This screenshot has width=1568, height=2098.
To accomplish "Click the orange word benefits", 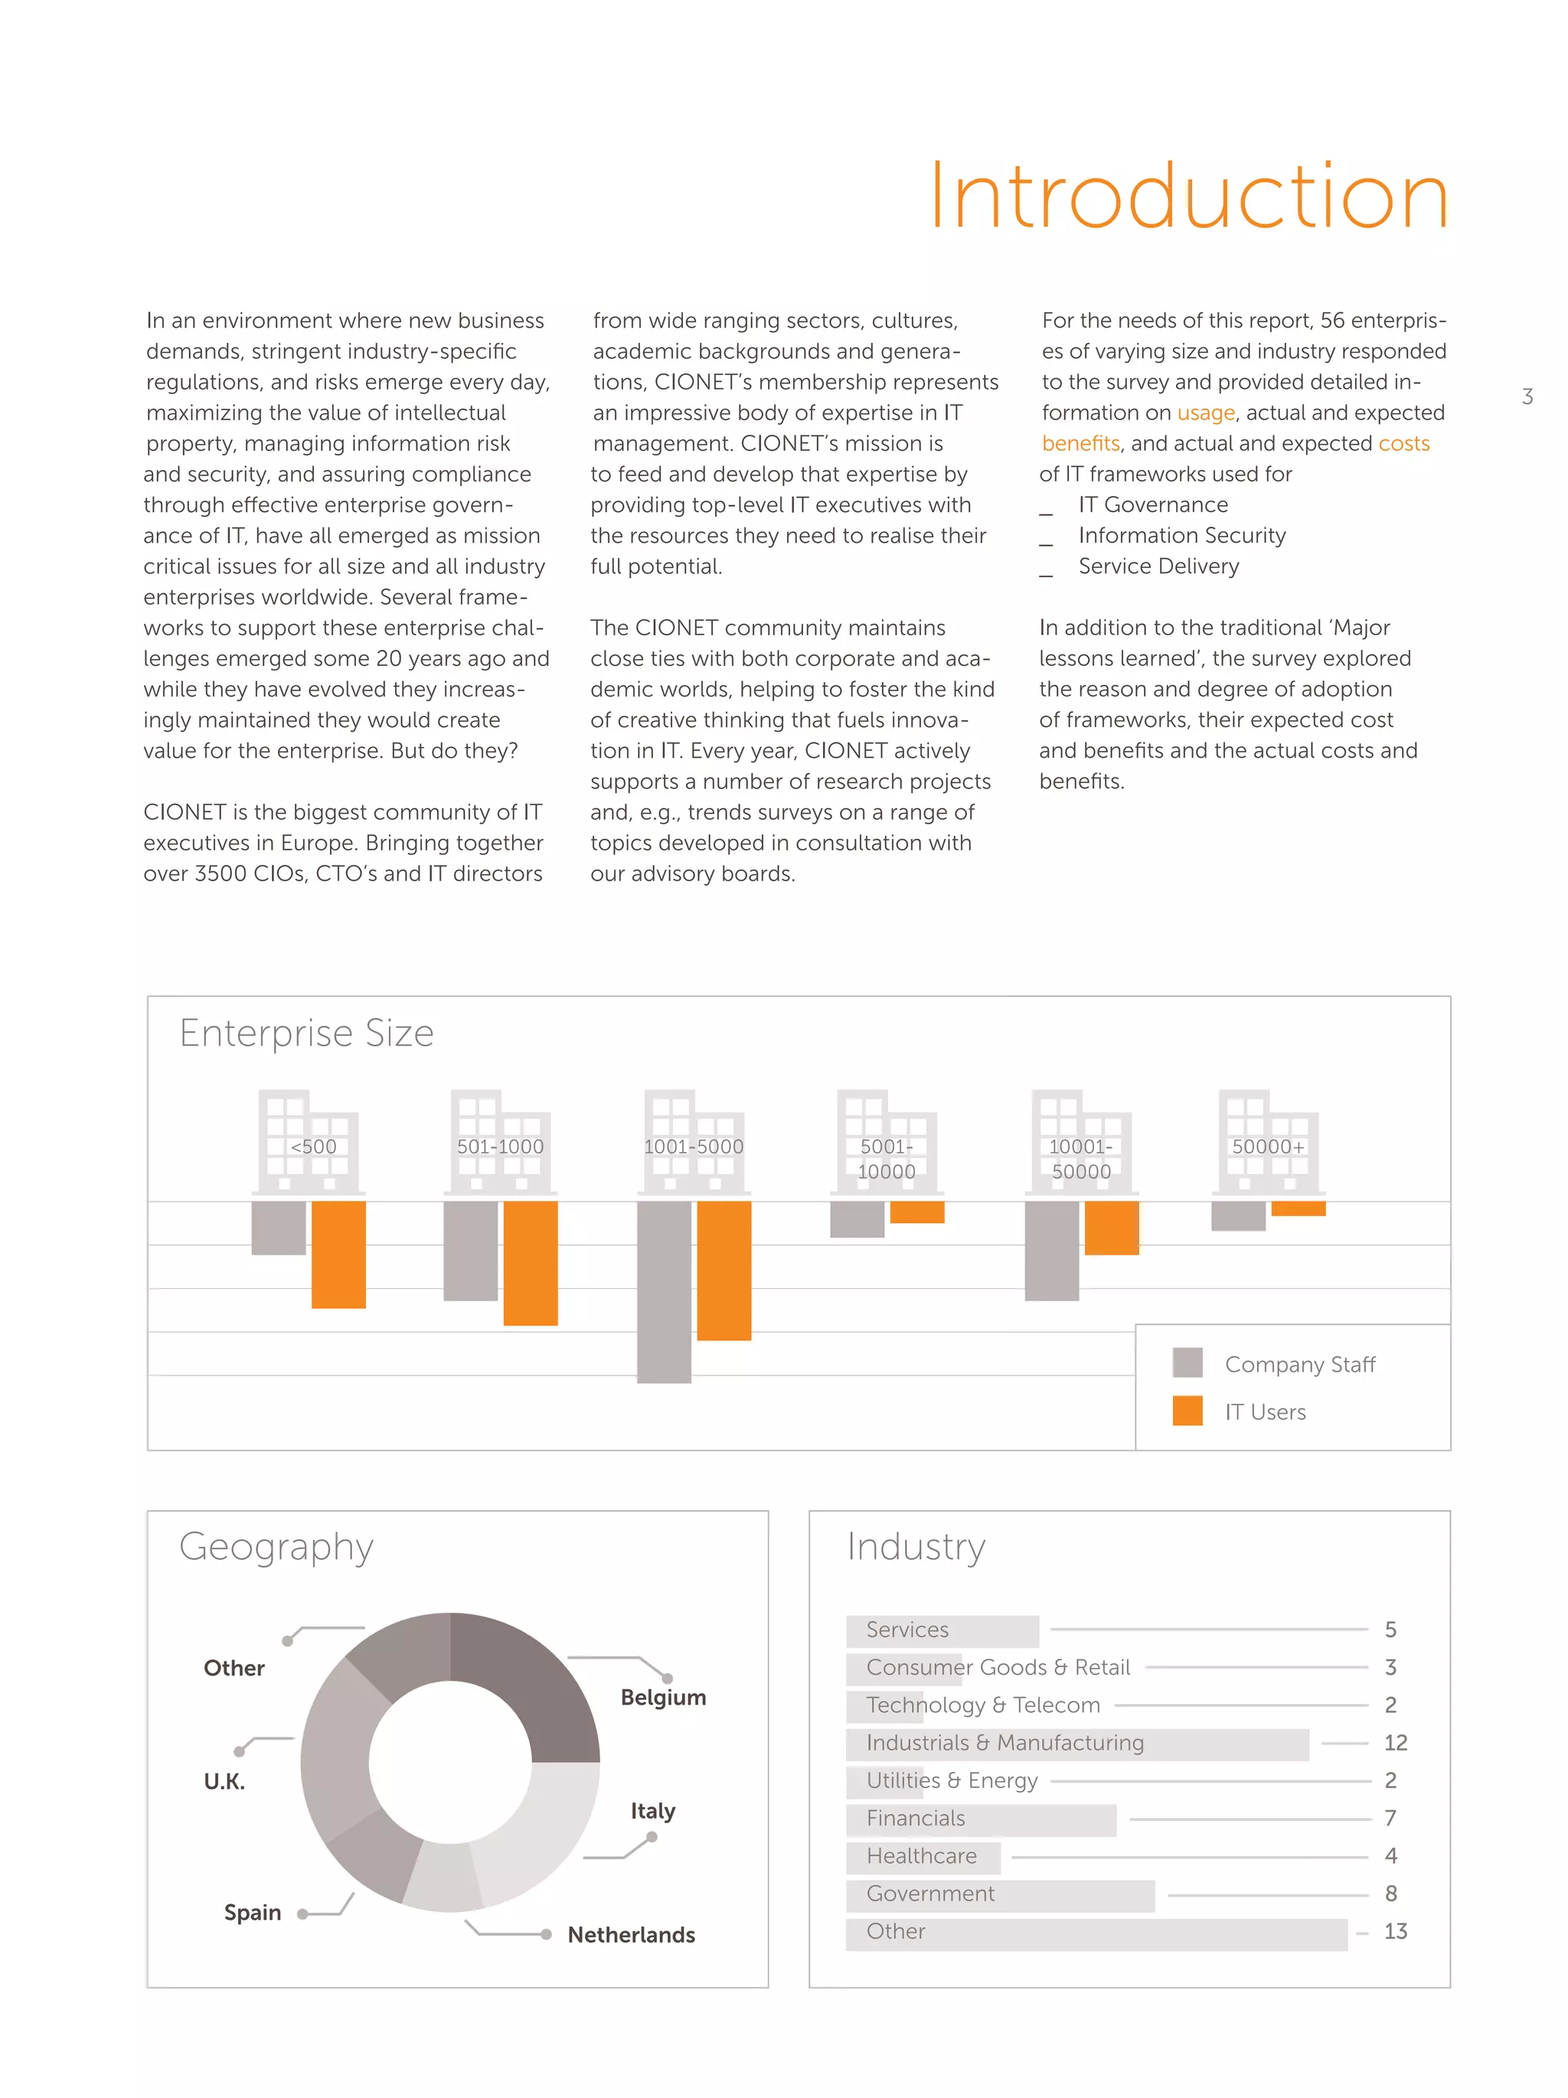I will coord(1080,443).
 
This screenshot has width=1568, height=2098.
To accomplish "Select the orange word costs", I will coord(1403,443).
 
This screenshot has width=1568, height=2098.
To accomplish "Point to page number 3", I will coord(1526,396).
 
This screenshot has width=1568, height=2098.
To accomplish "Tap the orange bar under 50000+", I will coord(1298,1209).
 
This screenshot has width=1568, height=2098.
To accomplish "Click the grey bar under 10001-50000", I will coord(1051,1250).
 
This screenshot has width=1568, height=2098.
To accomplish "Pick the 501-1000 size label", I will coord(500,1147).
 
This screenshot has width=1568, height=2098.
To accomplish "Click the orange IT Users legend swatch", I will coord(1187,1411).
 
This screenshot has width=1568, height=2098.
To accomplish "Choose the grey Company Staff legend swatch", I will coord(1187,1363).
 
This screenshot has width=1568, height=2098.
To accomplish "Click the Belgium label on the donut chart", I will coord(663,1698).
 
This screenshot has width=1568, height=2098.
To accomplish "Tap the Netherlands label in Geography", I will coord(631,1935).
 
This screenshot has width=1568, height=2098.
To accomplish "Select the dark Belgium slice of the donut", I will coord(531,1679).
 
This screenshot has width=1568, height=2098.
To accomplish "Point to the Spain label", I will coord(253,1912).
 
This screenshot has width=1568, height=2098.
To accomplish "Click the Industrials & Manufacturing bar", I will coord(1076,1744).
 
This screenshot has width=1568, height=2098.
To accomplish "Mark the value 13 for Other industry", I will coord(1394,1931).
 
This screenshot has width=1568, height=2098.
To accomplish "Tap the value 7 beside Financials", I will coord(1390,1818).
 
